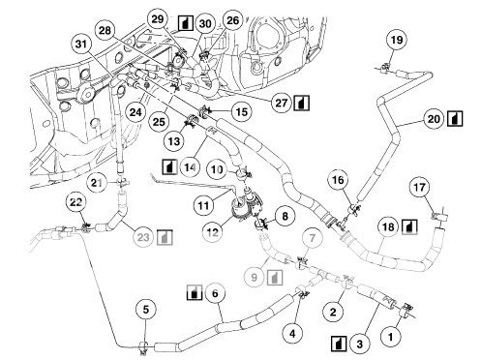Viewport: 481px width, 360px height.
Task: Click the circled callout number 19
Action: [x=397, y=40]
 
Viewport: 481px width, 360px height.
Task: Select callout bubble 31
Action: [x=81, y=44]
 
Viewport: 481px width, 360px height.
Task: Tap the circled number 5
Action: [x=146, y=310]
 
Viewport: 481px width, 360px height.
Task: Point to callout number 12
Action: [x=212, y=231]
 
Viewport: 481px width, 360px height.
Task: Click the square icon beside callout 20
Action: [x=455, y=119]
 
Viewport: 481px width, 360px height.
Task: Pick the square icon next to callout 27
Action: [x=301, y=103]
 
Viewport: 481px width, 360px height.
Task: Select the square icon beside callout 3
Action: [x=339, y=344]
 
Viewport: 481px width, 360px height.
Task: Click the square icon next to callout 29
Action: [x=186, y=23]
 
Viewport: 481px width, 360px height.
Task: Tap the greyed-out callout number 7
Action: [x=312, y=238]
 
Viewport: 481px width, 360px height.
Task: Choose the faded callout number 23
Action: [x=143, y=238]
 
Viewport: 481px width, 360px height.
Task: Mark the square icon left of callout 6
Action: [x=195, y=292]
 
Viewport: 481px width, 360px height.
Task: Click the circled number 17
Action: [x=419, y=188]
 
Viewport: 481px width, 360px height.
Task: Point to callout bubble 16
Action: [x=338, y=180]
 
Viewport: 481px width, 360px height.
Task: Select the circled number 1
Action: [x=391, y=337]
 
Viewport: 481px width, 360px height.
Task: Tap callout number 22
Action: [x=75, y=202]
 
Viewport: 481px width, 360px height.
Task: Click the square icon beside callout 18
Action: [x=409, y=226]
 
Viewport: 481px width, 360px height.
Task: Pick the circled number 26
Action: [x=232, y=20]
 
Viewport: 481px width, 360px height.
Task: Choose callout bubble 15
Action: [x=242, y=112]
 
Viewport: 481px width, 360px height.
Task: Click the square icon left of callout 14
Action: [x=169, y=167]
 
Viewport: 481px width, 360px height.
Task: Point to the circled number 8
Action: [x=285, y=216]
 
